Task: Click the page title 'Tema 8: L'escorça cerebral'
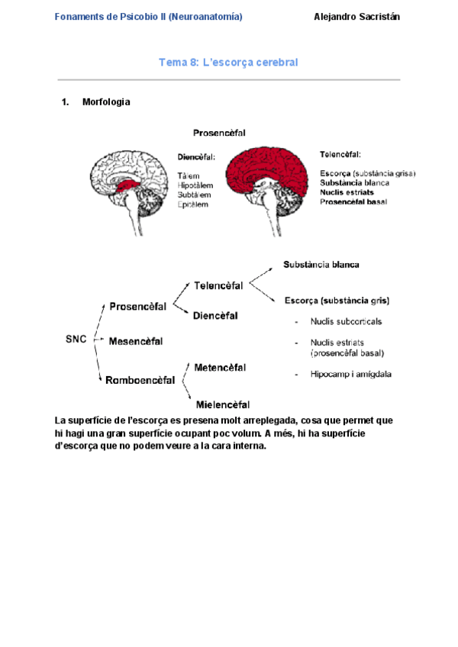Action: click(x=228, y=62)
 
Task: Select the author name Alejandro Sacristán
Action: click(x=357, y=17)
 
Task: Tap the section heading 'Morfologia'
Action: click(x=105, y=102)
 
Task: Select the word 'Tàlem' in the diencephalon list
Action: click(x=189, y=175)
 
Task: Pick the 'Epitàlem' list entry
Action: click(x=194, y=204)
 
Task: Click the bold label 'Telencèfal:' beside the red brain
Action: click(x=340, y=154)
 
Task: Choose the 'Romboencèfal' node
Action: click(x=140, y=379)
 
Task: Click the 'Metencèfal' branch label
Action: click(x=220, y=368)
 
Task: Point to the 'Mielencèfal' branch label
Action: click(x=223, y=404)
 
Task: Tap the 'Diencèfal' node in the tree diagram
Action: click(x=215, y=315)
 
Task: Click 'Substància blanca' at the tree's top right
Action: click(x=321, y=265)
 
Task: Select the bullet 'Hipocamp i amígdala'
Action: click(x=351, y=374)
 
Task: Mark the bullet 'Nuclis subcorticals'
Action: click(x=346, y=321)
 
